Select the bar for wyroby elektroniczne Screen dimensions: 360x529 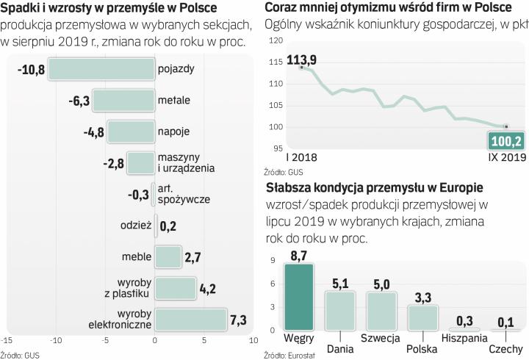pyautogui.click(x=191, y=319)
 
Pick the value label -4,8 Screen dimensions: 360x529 pyautogui.click(x=91, y=132)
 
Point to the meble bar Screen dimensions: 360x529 pyautogui.click(x=168, y=256)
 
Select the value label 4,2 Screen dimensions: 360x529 pyautogui.click(x=208, y=288)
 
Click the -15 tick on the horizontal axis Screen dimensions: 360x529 pyautogui.click(x=7, y=341)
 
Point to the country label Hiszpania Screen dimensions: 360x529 pyautogui.click(x=465, y=338)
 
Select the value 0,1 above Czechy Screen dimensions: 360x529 pyautogui.click(x=506, y=321)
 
